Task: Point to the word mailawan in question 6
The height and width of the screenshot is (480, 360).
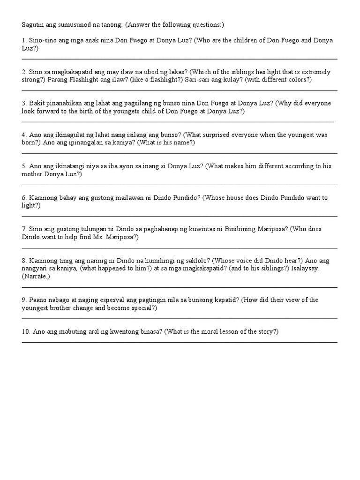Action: click(x=124, y=198)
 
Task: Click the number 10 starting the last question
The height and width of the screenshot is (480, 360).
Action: click(x=25, y=331)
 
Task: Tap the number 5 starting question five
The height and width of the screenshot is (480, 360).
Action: click(x=24, y=166)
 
